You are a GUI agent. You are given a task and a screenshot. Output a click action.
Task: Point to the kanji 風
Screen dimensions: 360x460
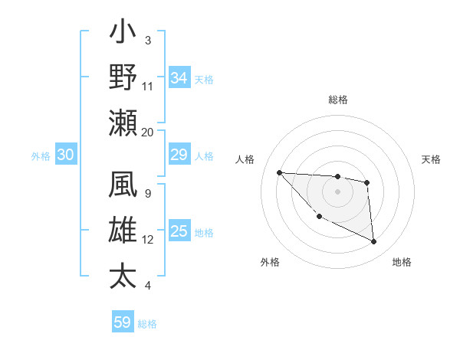(123, 188)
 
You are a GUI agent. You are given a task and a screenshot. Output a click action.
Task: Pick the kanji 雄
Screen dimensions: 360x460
(123, 232)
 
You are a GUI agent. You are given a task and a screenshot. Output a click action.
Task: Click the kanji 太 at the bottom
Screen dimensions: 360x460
(123, 276)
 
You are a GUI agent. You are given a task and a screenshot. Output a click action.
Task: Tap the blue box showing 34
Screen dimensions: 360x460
(179, 78)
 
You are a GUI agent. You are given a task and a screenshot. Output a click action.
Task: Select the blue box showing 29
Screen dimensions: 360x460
(179, 155)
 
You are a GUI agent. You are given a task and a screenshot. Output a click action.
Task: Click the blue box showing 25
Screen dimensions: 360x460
(179, 232)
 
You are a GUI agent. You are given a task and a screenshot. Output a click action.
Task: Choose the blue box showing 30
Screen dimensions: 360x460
(65, 155)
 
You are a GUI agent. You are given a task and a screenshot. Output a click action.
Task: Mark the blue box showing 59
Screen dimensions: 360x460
(123, 322)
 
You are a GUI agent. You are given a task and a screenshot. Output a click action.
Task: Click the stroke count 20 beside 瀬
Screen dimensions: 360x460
(147, 132)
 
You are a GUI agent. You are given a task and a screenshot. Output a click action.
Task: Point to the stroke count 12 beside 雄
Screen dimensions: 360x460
(147, 240)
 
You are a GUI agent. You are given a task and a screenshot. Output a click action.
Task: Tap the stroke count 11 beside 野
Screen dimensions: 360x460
(147, 86)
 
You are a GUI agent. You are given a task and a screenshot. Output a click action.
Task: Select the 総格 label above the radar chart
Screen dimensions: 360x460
(337, 100)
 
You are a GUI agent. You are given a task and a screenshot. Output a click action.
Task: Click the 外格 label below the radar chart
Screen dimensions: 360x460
(269, 262)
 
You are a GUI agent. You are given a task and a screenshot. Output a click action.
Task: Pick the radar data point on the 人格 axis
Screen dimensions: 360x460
(279, 172)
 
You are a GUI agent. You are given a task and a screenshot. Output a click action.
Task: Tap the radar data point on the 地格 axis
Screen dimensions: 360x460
(374, 242)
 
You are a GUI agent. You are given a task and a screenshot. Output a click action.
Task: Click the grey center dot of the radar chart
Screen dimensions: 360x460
(337, 191)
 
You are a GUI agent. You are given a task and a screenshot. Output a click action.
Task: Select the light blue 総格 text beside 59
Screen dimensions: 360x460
(147, 324)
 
